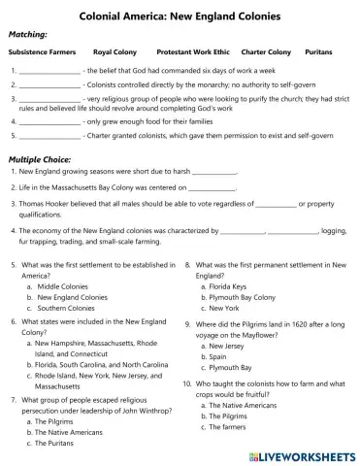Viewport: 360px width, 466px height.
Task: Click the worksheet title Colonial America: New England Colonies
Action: click(x=180, y=17)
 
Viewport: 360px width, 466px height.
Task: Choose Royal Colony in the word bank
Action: click(x=114, y=50)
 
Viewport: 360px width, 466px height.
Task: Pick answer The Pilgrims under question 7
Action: click(x=55, y=422)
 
